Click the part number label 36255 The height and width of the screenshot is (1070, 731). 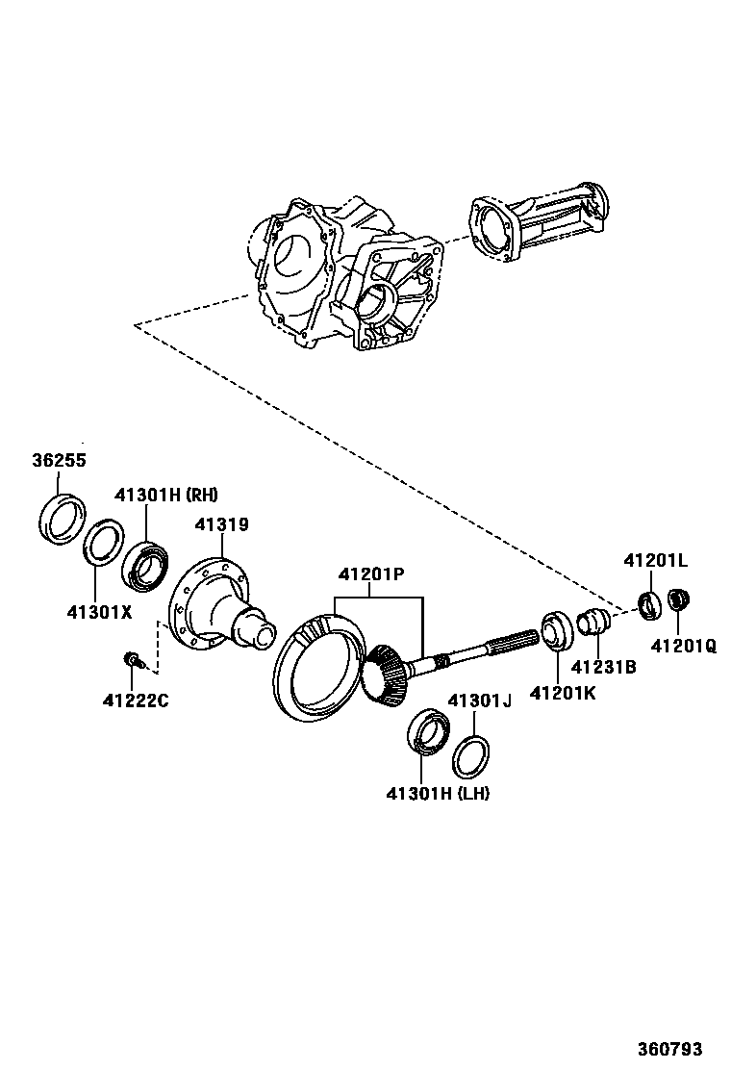pos(59,461)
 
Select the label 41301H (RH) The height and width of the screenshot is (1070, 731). pos(166,496)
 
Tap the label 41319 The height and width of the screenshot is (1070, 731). pos(221,525)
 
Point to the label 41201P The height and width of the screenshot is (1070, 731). pos(370,574)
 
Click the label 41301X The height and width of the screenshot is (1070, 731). pos(99,611)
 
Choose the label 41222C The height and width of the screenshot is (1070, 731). pos(136,700)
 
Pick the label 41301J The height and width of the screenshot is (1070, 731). pos(478,701)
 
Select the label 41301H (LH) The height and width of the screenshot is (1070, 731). pos(438,794)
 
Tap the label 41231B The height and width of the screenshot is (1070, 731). pos(603,666)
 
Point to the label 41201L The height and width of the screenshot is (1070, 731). pos(655,560)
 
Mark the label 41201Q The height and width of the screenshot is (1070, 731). pos(683,647)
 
